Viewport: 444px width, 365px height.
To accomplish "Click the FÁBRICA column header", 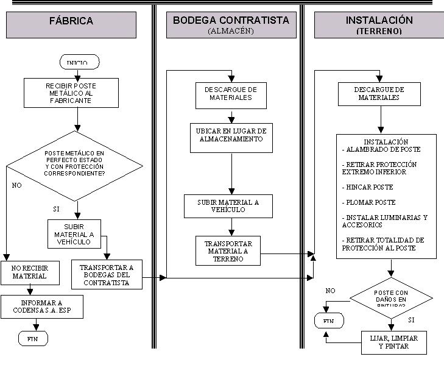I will point(71,21).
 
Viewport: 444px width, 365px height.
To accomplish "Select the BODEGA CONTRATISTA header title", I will point(231,20).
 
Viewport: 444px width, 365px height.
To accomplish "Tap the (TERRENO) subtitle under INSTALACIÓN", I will point(378,30).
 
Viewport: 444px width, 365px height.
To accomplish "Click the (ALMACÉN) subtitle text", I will point(230,30).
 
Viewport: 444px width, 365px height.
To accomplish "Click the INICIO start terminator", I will point(79,62).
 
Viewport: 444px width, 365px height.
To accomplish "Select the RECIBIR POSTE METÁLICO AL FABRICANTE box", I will point(76,93).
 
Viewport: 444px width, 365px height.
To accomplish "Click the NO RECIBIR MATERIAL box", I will point(30,272).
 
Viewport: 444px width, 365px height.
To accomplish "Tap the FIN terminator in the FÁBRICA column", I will point(33,338).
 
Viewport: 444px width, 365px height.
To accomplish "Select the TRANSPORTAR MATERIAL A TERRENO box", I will point(228,250).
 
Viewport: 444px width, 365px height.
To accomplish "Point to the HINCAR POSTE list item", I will point(368,187).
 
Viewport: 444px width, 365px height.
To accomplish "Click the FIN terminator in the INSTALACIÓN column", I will point(329,320).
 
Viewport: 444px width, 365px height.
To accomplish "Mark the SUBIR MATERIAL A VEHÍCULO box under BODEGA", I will point(228,205).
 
